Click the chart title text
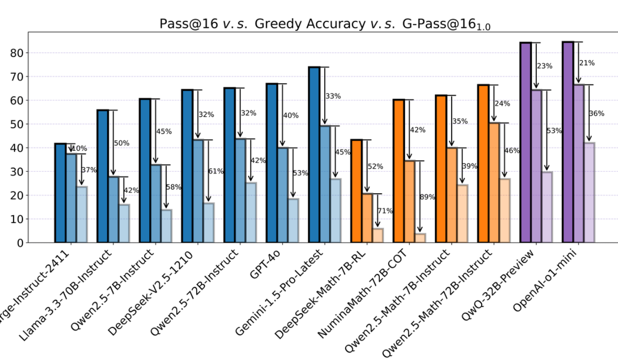pyautogui.click(x=325, y=24)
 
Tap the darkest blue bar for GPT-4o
pyautogui.click(x=271, y=163)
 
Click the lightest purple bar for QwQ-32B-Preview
pyautogui.click(x=547, y=207)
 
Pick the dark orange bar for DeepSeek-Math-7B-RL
pyautogui.click(x=356, y=191)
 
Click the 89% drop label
pyautogui.click(x=427, y=197)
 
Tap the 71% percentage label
pyautogui.click(x=385, y=211)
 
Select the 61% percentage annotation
pyautogui.click(x=216, y=171)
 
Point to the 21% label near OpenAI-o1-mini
pyautogui.click(x=587, y=63)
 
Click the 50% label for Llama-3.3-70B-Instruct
pyautogui.click(x=121, y=143)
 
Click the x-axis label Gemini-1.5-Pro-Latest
pyautogui.click(x=280, y=292)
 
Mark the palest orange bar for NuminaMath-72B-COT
pyautogui.click(x=420, y=238)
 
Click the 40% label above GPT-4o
pyautogui.click(x=291, y=116)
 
